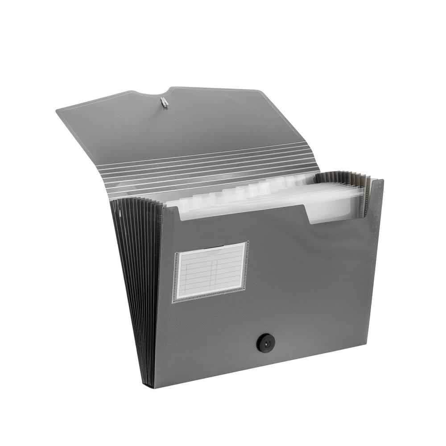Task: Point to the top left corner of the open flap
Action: point(58,110)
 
